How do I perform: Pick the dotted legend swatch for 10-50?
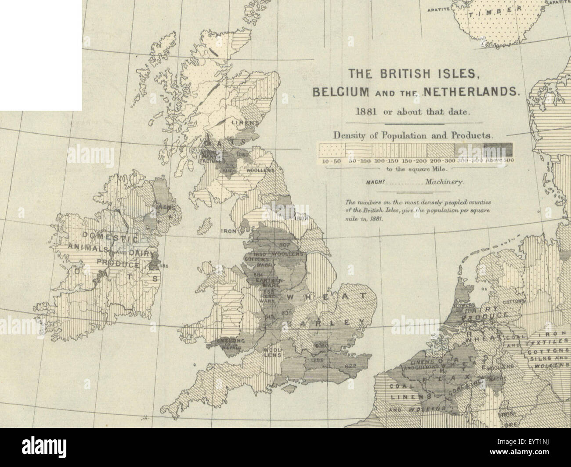pos(331,150)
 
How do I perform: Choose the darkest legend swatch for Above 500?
pos(497,150)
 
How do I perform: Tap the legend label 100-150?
pos(385,161)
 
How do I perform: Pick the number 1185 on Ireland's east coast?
pos(165,265)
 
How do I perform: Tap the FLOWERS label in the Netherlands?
pos(466,304)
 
